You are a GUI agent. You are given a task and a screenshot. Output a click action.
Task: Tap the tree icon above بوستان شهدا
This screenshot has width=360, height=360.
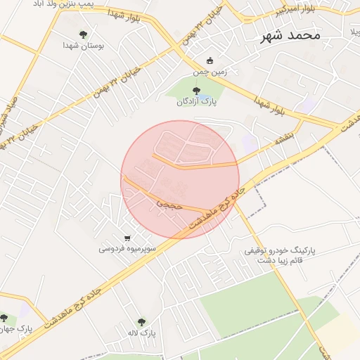[84, 33]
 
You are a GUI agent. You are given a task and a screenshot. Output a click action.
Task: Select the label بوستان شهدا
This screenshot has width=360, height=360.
[84, 45]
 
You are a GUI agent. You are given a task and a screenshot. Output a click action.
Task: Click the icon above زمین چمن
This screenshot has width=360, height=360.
[209, 60]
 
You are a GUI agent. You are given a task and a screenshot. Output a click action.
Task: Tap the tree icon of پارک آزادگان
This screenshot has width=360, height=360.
[197, 90]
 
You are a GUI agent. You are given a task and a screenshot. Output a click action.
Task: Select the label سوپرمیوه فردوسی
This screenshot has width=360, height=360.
[127, 248]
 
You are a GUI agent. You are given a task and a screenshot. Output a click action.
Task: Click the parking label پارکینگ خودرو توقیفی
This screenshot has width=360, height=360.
[280, 250]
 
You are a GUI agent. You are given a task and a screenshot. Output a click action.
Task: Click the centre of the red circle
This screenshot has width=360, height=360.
[180, 179]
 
